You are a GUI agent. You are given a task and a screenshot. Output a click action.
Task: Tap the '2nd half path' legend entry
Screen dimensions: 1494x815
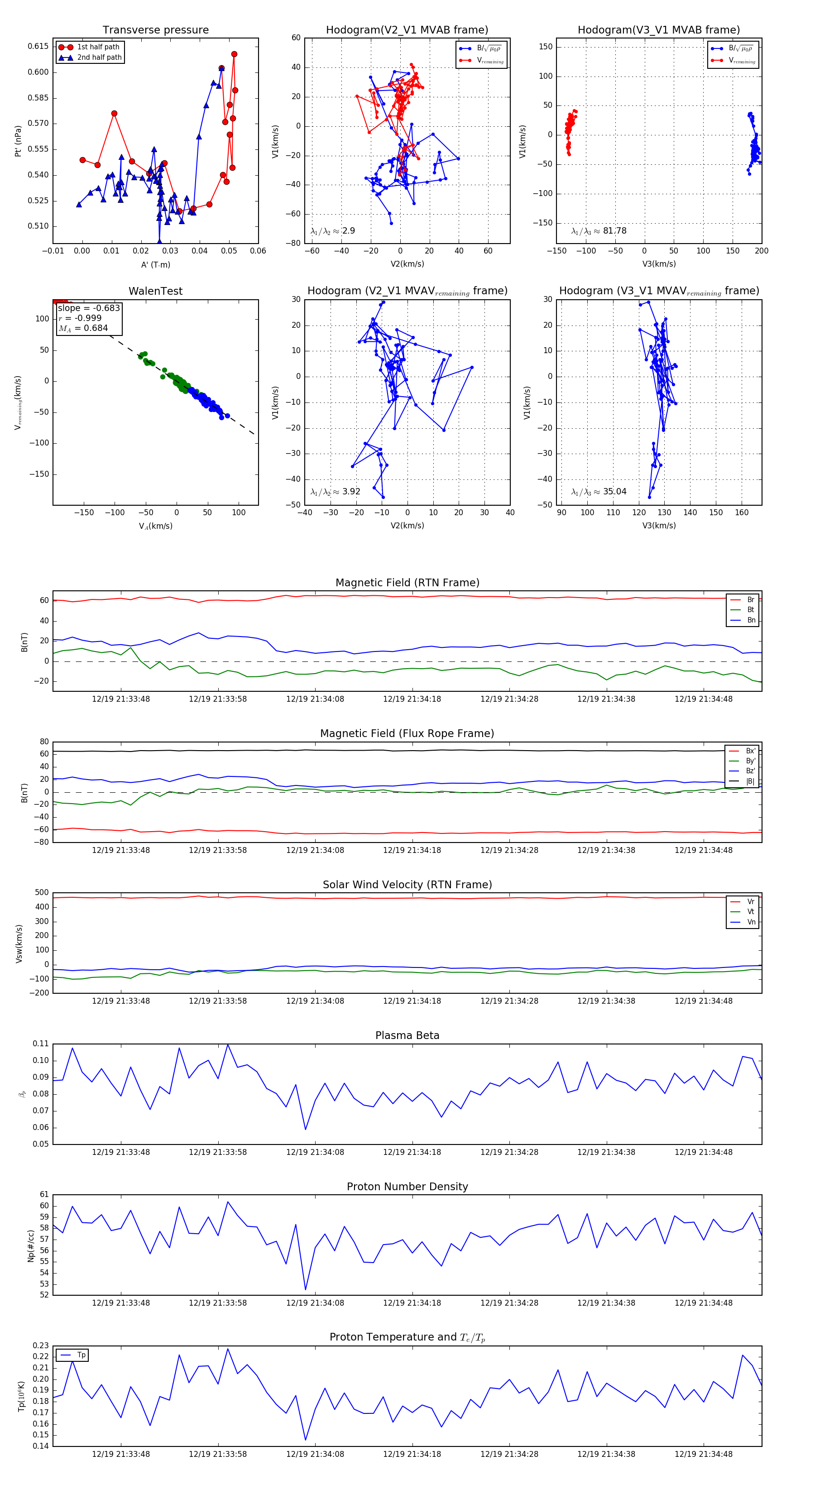99,57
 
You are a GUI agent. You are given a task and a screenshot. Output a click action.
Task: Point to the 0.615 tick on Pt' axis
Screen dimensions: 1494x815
38,46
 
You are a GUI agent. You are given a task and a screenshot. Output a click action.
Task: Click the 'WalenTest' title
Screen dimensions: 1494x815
155,291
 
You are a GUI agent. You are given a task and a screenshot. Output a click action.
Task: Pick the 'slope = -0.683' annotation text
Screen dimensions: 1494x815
89,308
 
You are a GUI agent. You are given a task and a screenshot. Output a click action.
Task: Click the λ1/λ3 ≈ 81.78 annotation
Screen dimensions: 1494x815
599,231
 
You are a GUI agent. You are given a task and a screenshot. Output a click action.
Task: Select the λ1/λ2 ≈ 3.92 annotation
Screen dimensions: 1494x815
335,492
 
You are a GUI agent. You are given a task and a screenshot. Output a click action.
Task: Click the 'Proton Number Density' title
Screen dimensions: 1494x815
407,1187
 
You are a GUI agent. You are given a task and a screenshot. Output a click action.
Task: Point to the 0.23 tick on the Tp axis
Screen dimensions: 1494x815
41,1346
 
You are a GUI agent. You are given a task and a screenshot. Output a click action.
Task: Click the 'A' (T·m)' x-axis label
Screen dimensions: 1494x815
155,265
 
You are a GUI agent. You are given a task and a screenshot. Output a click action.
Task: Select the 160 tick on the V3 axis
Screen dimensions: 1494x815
741,512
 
